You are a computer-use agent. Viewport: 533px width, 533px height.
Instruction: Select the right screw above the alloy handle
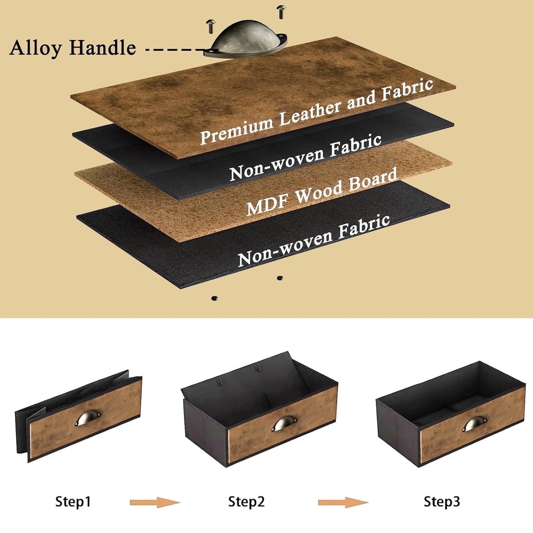coord(281,12)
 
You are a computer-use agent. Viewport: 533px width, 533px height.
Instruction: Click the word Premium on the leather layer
coord(237,130)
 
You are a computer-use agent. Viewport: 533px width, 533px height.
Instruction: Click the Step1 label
coord(73,502)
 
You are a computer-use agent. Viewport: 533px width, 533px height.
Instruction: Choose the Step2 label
coord(246,502)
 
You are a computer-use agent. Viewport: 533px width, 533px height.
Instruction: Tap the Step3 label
coord(442,502)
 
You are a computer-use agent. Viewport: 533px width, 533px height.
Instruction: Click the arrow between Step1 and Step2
coord(155,502)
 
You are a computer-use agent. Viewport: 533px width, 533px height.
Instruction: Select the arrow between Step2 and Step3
coord(343,502)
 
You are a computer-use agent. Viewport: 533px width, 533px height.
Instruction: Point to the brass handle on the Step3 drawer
coord(475,424)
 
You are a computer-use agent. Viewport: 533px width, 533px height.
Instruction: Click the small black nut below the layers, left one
coord(214,298)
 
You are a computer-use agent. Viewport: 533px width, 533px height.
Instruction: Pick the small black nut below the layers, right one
coord(280,278)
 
